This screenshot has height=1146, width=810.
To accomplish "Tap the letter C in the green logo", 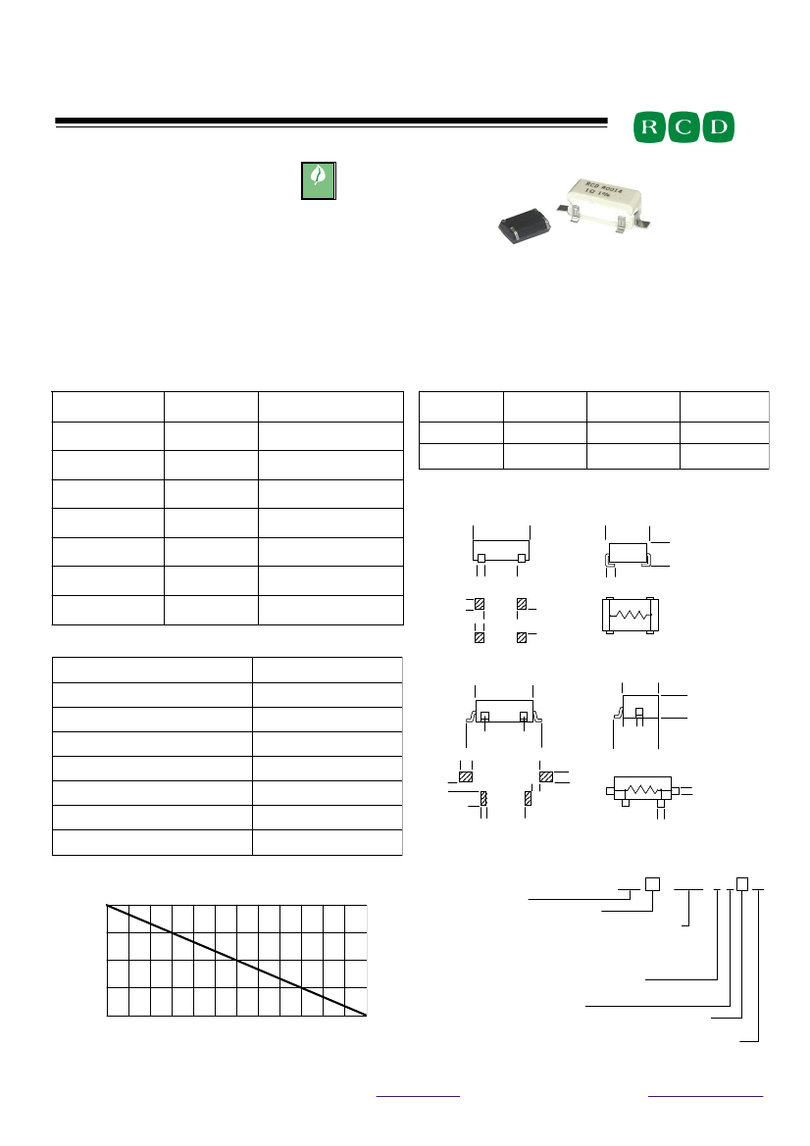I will click(x=684, y=127).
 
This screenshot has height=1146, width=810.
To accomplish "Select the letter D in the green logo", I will click(x=718, y=127).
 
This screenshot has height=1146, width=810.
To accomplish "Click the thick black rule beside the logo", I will click(x=330, y=123).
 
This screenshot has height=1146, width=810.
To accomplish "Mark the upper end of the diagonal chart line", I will click(x=108, y=906).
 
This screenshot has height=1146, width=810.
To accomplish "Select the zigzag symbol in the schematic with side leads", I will click(x=642, y=790).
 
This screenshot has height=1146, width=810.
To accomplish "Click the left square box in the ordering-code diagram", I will click(x=651, y=884).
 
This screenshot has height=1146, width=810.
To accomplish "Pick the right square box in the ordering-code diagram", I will click(x=742, y=884).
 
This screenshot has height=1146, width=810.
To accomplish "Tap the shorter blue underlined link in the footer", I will click(x=418, y=1094).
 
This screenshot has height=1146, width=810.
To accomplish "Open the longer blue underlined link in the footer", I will click(x=705, y=1094).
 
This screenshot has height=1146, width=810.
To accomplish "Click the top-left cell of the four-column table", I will click(x=461, y=407).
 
